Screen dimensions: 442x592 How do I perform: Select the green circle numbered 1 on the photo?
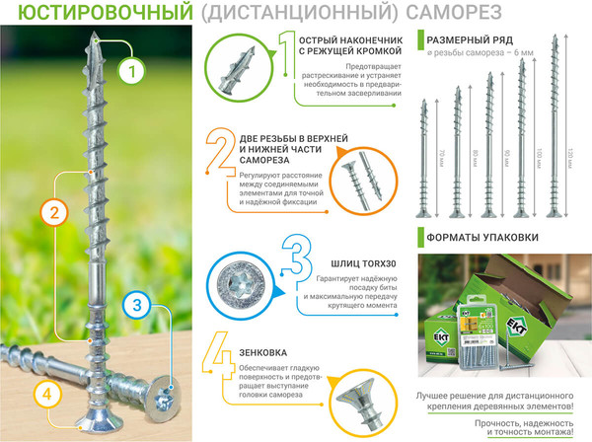click(132, 70)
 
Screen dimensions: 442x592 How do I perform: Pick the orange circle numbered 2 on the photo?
click(56, 211)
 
